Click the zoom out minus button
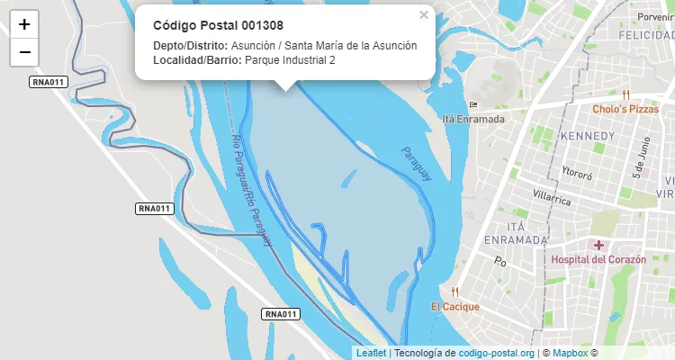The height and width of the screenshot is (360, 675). pos(24,52)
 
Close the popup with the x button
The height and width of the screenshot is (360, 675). pos(424,15)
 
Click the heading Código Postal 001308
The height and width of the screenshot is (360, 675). pos(218,25)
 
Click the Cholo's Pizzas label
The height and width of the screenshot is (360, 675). pos(625,109)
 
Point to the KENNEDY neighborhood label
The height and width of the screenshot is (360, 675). pos(587,136)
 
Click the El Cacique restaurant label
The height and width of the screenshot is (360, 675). pos(454,307)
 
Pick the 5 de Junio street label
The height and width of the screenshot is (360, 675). pos(641,158)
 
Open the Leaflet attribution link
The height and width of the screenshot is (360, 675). pos(372,353)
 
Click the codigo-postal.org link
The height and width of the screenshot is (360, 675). pos(496,353)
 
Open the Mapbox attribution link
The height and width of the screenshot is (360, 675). pos(570,353)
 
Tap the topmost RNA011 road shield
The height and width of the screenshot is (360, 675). pos(48,82)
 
